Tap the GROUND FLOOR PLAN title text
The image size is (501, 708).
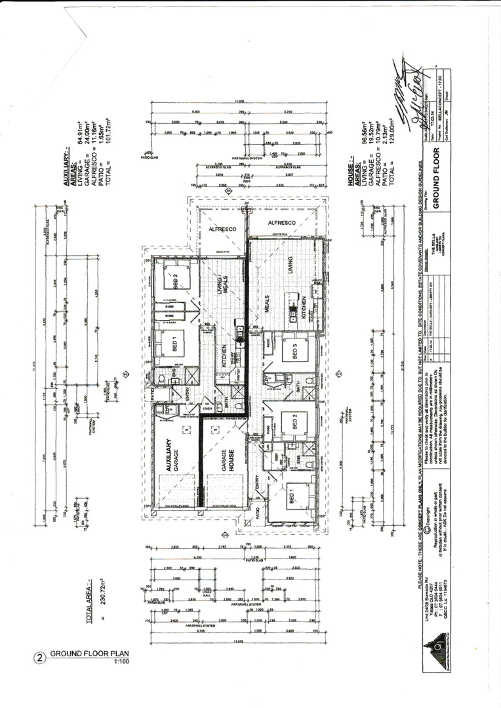89,654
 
